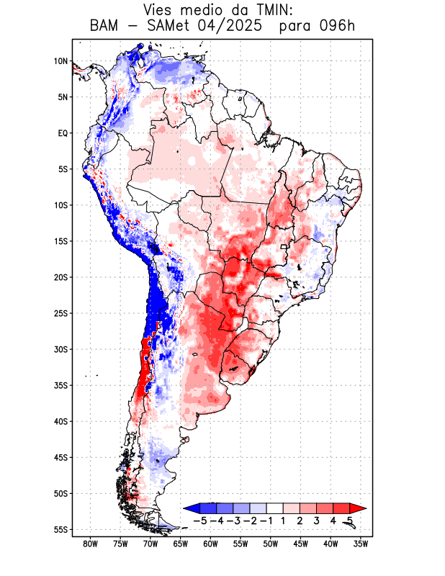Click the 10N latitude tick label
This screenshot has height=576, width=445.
click(x=60, y=61)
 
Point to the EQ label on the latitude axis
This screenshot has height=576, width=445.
click(x=63, y=133)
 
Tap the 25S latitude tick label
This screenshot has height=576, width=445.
click(x=60, y=313)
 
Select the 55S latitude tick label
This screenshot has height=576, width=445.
click(x=60, y=530)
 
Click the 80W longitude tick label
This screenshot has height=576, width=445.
click(x=90, y=544)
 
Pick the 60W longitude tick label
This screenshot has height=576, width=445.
click(x=210, y=544)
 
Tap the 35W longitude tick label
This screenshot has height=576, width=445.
click(x=361, y=544)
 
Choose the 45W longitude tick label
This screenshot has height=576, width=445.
click(x=300, y=544)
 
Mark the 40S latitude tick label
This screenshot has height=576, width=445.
click(x=60, y=421)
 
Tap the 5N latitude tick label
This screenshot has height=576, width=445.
click(x=63, y=97)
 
